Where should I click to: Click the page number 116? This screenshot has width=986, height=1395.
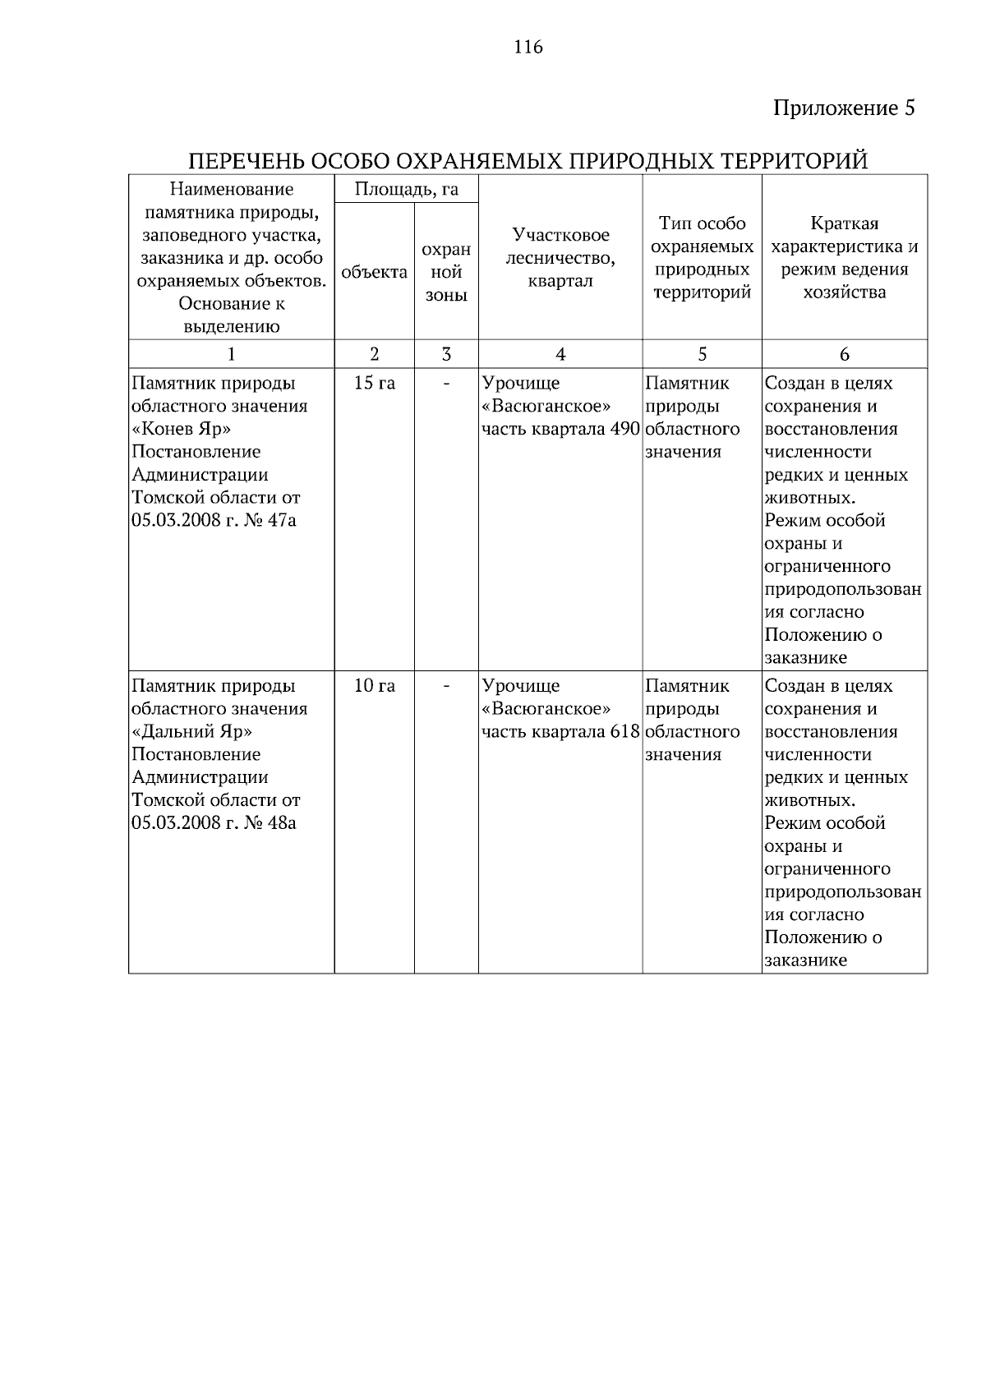pos(528,47)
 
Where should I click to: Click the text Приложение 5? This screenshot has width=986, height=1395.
pos(844,108)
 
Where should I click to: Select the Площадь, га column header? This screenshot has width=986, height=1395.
pos(406,190)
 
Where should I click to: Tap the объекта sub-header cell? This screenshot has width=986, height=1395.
pos(374,272)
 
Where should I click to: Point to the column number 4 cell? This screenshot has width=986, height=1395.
pos(560,354)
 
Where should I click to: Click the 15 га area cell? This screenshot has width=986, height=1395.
pos(374,384)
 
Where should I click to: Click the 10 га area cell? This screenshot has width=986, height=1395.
pos(374,686)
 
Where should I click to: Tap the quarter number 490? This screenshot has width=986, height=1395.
pos(625,429)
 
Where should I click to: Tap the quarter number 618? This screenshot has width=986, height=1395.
pos(625,731)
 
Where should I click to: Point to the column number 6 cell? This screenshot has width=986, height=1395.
pos(844,354)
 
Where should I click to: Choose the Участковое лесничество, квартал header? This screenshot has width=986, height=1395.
pos(560,258)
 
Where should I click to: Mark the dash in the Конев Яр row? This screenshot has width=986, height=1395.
pos(446,384)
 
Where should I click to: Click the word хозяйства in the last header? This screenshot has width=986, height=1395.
pos(844,292)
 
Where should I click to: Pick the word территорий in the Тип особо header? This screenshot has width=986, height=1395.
pos(702,292)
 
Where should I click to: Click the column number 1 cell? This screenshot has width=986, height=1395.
pos(231,354)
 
